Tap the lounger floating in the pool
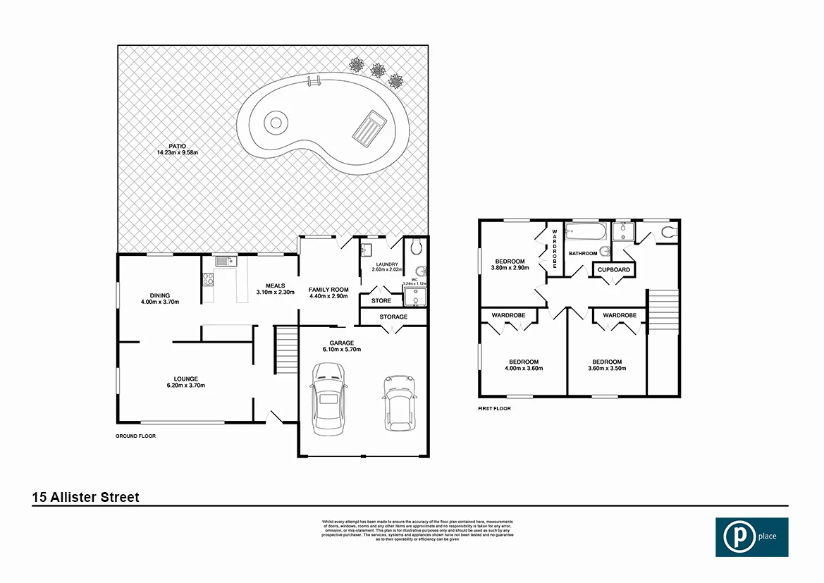click(369, 129)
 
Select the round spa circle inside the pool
click(275, 123)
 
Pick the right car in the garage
click(398, 403)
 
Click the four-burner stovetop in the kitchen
click(209, 279)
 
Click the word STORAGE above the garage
click(393, 317)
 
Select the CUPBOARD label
click(613, 270)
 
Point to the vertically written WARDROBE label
click(555, 248)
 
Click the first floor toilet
click(668, 231)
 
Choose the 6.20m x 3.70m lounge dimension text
click(186, 386)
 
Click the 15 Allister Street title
click(86, 497)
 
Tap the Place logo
click(752, 537)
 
